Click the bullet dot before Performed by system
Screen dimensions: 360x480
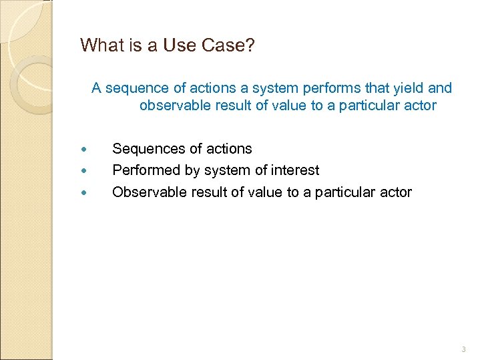point(83,171)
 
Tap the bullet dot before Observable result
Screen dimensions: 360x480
point(83,193)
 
